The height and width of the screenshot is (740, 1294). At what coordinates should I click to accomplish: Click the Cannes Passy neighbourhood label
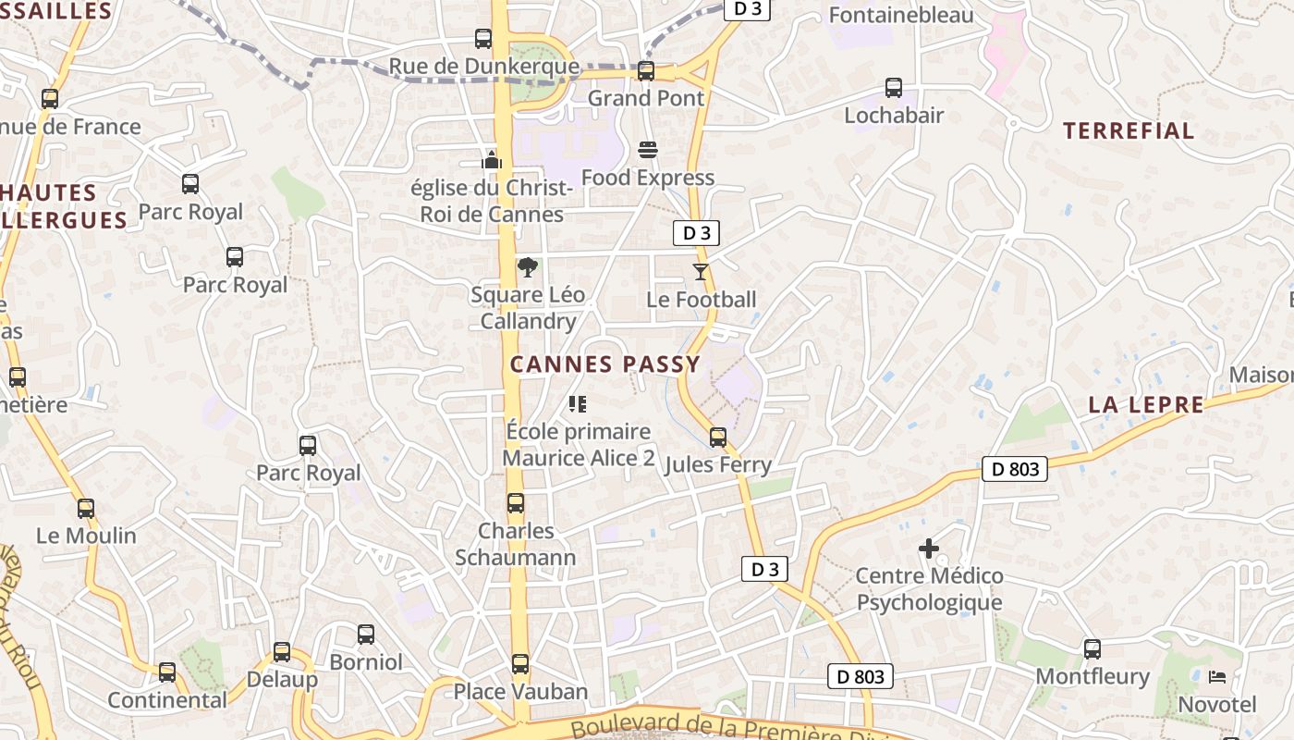pyautogui.click(x=605, y=364)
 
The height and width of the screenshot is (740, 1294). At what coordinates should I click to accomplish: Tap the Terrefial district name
pyautogui.click(x=1129, y=130)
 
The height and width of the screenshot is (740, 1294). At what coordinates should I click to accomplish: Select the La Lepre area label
pyautogui.click(x=1146, y=404)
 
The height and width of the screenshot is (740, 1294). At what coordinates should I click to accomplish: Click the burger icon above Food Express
pyautogui.click(x=647, y=150)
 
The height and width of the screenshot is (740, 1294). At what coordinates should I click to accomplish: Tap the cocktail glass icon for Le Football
pyautogui.click(x=700, y=272)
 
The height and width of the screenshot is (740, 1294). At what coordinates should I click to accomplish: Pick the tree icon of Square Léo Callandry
pyautogui.click(x=528, y=268)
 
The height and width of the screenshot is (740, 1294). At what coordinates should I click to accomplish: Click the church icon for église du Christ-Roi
pyautogui.click(x=491, y=160)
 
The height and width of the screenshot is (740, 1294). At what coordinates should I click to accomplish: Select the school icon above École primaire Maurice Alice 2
pyautogui.click(x=578, y=403)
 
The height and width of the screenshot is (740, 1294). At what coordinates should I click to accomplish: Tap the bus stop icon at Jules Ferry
pyautogui.click(x=718, y=438)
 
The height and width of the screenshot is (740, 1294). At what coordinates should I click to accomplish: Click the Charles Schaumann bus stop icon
pyautogui.click(x=516, y=503)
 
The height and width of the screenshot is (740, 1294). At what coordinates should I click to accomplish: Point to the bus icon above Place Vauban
pyautogui.click(x=520, y=664)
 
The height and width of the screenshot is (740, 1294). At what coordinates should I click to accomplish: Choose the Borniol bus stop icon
pyautogui.click(x=366, y=635)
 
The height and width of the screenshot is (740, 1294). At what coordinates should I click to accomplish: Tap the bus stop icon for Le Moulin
pyautogui.click(x=86, y=508)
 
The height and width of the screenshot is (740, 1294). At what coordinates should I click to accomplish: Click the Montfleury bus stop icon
pyautogui.click(x=1093, y=649)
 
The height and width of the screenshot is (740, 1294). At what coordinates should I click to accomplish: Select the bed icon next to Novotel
pyautogui.click(x=1217, y=678)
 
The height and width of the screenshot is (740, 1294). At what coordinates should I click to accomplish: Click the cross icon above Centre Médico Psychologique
pyautogui.click(x=929, y=549)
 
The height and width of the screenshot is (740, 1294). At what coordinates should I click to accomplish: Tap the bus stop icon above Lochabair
pyautogui.click(x=894, y=88)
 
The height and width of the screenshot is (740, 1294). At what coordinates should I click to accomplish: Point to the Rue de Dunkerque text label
pyautogui.click(x=483, y=67)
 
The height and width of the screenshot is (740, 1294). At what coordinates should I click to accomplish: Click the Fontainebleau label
pyautogui.click(x=901, y=15)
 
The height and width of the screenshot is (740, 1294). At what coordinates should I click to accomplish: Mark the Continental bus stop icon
pyautogui.click(x=167, y=672)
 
